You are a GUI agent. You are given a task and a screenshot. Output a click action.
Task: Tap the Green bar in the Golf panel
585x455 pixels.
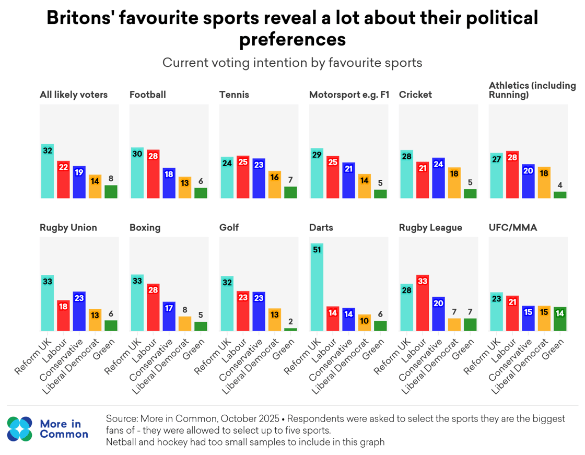pyautogui.click(x=290, y=329)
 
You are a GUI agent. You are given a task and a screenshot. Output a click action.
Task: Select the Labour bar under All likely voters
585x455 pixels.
pyautogui.click(x=63, y=180)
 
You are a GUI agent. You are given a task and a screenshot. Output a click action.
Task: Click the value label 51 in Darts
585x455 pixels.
pyautogui.click(x=317, y=250)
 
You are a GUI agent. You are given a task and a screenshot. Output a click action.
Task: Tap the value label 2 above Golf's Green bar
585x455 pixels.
pyautogui.click(x=290, y=322)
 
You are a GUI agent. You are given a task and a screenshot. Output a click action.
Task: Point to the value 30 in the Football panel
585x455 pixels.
pyautogui.click(x=137, y=154)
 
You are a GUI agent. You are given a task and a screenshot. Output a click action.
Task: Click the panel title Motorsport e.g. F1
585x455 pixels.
pyautogui.click(x=349, y=95)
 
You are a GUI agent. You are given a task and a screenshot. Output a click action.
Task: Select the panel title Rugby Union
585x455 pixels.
pyautogui.click(x=68, y=228)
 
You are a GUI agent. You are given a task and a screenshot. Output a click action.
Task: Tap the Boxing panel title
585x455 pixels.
pyautogui.click(x=145, y=228)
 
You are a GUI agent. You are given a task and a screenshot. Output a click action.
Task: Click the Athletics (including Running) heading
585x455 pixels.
pyautogui.click(x=532, y=90)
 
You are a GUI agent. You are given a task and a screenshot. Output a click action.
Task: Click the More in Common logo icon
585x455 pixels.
pyautogui.click(x=20, y=428)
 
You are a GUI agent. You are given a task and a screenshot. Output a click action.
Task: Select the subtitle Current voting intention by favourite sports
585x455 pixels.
pyautogui.click(x=292, y=63)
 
